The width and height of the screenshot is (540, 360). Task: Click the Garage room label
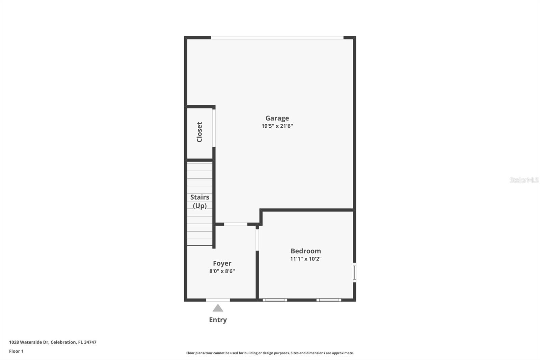277,118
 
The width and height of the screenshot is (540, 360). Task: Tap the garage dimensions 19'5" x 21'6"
277,126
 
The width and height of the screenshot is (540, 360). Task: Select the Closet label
199,132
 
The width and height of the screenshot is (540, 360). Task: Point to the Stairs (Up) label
199,201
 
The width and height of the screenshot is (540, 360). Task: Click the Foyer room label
222,263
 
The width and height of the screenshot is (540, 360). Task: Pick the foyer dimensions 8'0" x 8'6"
222,271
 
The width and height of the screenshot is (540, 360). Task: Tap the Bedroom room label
306,251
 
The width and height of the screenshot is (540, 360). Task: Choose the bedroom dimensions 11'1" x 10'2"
306,259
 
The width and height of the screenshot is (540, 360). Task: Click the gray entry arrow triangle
218,308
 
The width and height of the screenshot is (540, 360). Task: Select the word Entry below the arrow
218,320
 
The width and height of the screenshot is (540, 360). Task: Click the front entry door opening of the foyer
218,300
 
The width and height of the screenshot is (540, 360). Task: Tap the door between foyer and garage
236,224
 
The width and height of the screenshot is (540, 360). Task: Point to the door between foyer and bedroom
257,240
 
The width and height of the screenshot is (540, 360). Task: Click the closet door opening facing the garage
214,128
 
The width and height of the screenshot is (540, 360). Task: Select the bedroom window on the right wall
354,272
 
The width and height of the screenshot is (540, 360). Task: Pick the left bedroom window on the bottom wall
275,300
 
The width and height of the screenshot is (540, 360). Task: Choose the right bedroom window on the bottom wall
329,300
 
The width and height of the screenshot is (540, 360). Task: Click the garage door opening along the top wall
277,37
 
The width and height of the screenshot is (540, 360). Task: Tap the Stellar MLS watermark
524,180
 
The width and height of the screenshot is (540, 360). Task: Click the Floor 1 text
16,351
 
